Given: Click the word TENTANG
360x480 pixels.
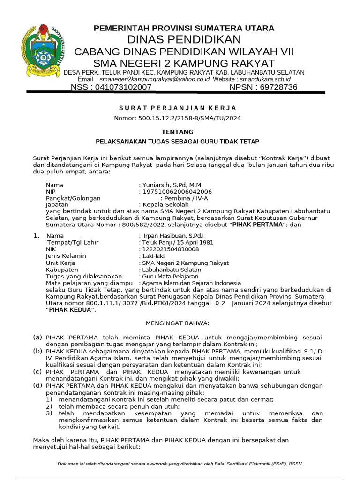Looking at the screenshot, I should [x=177, y=132].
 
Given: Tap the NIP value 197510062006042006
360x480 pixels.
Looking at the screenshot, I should [x=177, y=192].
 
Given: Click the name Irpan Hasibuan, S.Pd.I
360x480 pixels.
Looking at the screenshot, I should [x=172, y=236].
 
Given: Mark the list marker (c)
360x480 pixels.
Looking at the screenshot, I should [x=37, y=372].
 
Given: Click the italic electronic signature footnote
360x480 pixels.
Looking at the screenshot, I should [x=180, y=464].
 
